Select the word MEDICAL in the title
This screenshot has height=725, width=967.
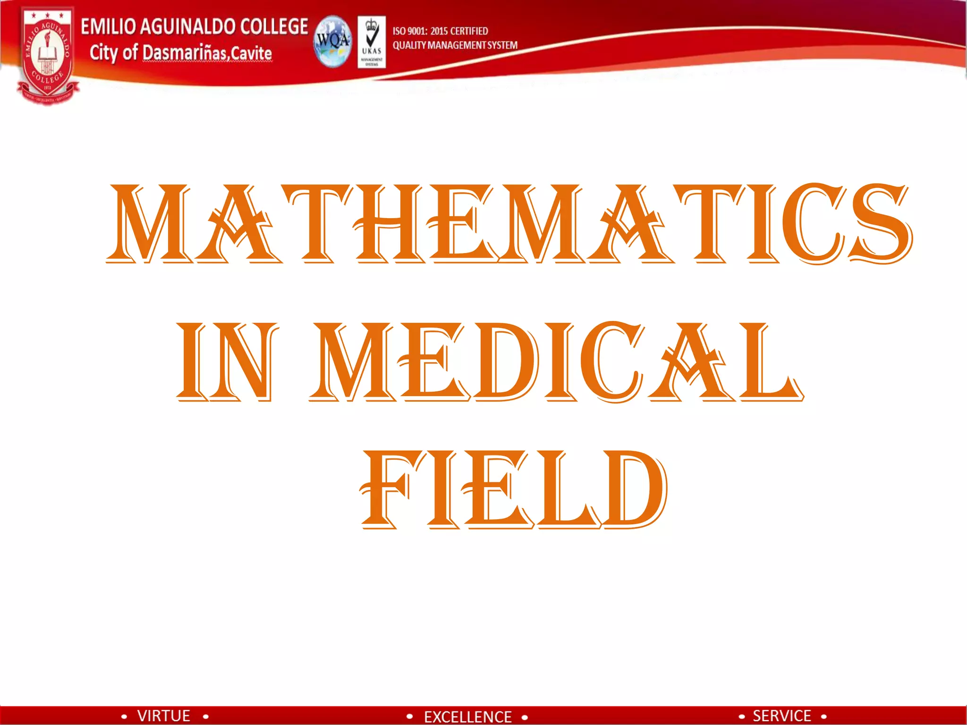coord(556,362)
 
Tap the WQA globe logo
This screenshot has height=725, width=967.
coord(333,42)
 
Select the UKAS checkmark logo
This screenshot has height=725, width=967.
coord(372,42)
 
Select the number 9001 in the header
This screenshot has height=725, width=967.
coord(417,31)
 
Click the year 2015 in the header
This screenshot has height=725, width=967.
coord(439,31)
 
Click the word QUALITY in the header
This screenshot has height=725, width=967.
coord(409,45)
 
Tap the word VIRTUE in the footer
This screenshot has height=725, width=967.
coord(164,716)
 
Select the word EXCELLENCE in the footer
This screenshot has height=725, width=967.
coord(467,717)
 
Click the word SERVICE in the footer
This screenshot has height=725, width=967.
coord(782,716)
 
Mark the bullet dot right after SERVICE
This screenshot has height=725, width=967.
coord(823,717)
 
